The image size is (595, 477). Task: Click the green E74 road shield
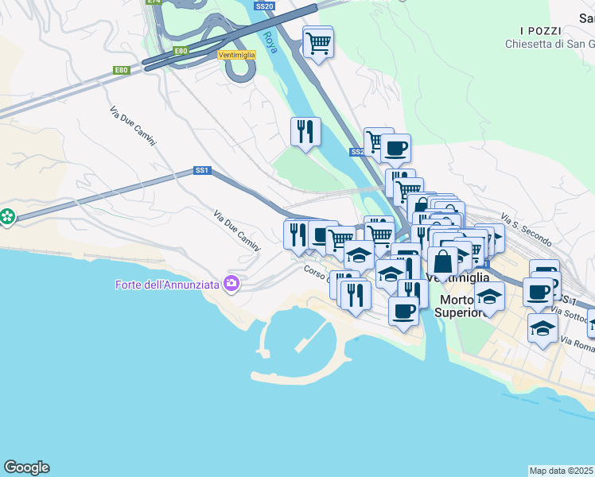(154, 2)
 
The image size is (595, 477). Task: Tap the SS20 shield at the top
(265, 6)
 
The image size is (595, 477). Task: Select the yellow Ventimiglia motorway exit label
(235, 55)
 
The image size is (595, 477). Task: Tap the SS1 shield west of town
(202, 170)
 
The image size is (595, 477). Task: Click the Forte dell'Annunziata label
(168, 284)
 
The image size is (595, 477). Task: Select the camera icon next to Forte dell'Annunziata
(231, 284)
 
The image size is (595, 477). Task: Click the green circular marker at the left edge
(7, 216)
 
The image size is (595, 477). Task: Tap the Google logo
(26, 467)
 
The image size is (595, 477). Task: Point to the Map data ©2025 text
(562, 471)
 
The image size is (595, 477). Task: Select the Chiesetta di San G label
(549, 44)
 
